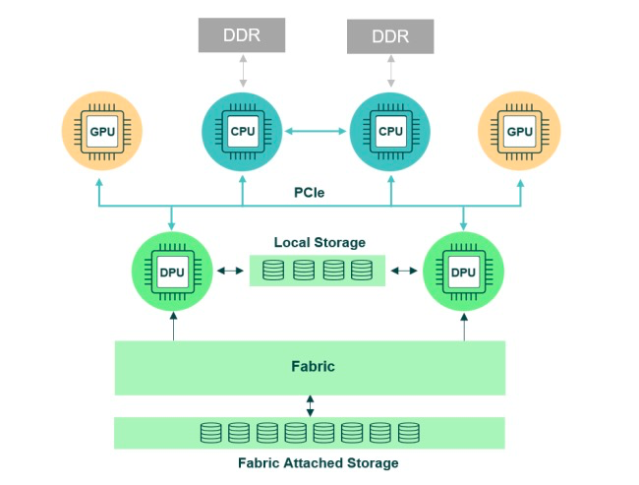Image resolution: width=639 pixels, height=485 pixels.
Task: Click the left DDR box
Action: (x=242, y=35)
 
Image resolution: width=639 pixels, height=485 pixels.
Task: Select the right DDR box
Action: (x=390, y=36)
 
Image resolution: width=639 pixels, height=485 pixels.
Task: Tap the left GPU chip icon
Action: (x=102, y=131)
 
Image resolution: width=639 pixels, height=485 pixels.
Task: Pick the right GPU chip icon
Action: (x=520, y=131)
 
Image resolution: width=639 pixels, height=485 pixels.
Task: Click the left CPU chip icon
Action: (x=243, y=132)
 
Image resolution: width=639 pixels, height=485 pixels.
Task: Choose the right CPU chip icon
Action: (x=390, y=132)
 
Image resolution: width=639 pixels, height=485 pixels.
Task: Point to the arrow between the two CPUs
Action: (x=316, y=131)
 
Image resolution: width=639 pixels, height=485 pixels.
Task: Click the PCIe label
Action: (x=310, y=192)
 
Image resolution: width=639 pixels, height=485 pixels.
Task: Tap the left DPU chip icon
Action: (x=172, y=272)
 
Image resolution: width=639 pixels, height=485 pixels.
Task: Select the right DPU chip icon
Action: (x=463, y=272)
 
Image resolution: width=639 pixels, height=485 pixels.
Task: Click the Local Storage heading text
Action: (x=319, y=242)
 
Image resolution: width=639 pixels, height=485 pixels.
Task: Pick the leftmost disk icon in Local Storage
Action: (x=273, y=270)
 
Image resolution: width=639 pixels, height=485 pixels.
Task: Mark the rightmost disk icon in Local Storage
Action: (x=362, y=270)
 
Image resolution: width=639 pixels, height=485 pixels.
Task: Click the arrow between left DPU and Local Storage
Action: (x=230, y=271)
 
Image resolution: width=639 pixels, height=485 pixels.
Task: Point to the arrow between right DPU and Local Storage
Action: (x=404, y=271)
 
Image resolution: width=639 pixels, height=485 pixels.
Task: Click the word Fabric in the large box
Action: (x=313, y=366)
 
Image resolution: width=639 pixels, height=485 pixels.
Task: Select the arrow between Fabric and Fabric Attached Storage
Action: (x=310, y=406)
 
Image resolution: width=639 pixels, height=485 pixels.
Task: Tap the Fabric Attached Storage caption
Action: (x=319, y=463)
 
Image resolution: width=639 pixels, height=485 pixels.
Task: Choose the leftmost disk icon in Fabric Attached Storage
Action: (x=211, y=433)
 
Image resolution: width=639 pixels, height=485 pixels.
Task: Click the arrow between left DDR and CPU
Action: (x=243, y=71)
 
